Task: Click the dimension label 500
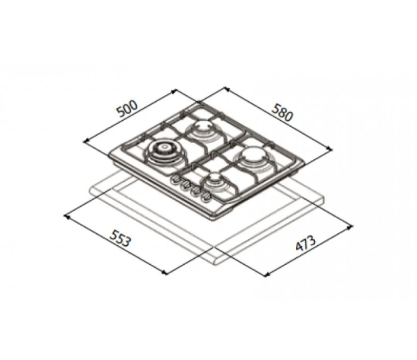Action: point(128,109)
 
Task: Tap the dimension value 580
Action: point(283,112)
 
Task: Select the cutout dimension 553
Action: point(121,238)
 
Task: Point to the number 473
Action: point(306,243)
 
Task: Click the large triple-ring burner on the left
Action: point(162,153)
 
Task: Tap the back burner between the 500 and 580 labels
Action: point(203,129)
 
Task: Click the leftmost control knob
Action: point(175,180)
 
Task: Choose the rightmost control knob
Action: point(205,196)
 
